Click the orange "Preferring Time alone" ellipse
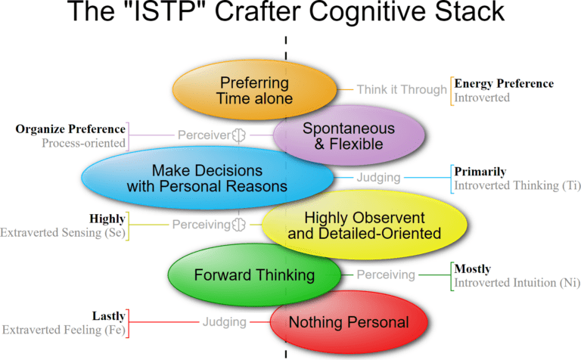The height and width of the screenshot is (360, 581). tap(254, 90)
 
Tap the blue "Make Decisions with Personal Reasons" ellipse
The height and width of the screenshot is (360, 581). tap(207, 178)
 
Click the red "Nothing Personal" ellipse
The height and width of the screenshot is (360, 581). tap(349, 322)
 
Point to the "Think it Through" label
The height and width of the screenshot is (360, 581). tap(402, 90)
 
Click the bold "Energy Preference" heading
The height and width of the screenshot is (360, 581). tap(504, 83)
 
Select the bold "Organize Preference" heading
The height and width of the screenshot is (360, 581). tap(70, 129)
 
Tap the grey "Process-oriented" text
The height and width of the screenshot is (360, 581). tap(83, 143)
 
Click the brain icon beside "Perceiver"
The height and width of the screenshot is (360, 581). tap(240, 135)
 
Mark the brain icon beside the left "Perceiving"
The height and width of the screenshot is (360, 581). tap(240, 225)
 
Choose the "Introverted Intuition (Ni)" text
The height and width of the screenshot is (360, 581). tap(517, 283)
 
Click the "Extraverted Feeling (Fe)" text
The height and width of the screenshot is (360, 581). tap(64, 330)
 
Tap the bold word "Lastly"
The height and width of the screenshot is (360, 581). tap(109, 315)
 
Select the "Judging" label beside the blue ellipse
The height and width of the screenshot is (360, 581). tap(380, 178)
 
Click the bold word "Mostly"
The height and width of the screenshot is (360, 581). tap(472, 268)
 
